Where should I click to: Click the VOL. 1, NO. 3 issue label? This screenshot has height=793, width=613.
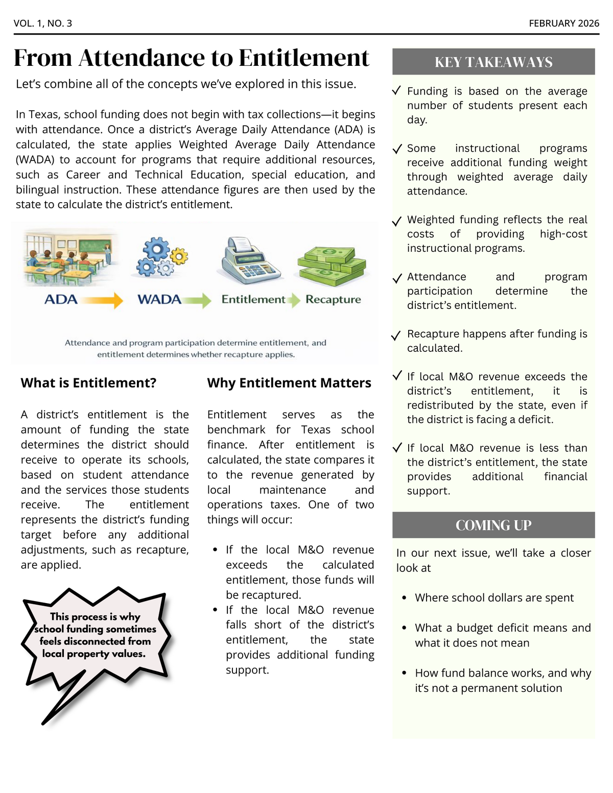[x=43, y=23]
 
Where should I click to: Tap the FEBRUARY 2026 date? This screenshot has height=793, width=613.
[x=564, y=23]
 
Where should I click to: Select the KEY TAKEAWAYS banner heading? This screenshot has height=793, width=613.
[x=493, y=62]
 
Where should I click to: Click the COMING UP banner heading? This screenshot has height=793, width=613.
[x=493, y=525]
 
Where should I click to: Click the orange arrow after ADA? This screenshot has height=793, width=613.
[x=102, y=300]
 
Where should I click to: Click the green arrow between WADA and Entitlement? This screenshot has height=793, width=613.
[x=197, y=300]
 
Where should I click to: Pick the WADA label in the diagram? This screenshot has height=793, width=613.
[x=159, y=300]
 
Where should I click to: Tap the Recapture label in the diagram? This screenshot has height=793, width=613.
[x=333, y=300]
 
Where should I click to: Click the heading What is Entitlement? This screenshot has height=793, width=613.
[x=88, y=383]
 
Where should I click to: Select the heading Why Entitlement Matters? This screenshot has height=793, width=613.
[x=289, y=383]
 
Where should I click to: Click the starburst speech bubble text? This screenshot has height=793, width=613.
[x=96, y=635]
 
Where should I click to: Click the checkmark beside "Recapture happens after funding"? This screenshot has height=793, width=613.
[x=396, y=335]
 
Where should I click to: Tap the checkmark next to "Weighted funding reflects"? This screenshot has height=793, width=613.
[x=396, y=221]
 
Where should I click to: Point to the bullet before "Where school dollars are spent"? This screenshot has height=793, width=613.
[x=404, y=598]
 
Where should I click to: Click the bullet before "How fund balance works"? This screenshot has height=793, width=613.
[x=404, y=674]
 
